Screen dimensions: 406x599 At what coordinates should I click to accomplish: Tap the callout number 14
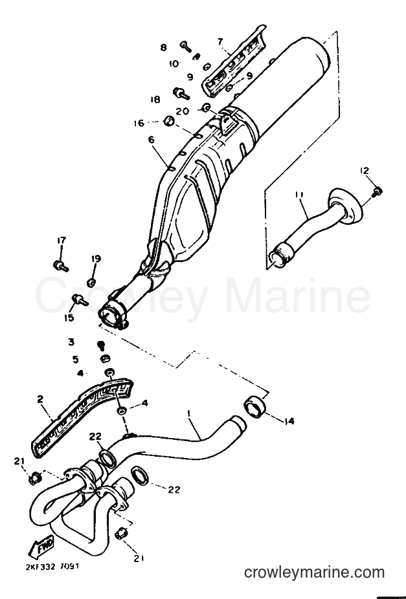[x=289, y=421]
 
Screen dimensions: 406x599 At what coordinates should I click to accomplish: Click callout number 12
[x=365, y=170]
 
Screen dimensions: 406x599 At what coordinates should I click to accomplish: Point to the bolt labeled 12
[x=377, y=191]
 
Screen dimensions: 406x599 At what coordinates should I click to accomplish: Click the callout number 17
[x=61, y=240]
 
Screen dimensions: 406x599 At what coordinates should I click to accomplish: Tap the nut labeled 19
[x=91, y=283]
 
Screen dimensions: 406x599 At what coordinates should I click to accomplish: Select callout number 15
[x=69, y=318]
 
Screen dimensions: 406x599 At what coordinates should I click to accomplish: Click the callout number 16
[x=139, y=123]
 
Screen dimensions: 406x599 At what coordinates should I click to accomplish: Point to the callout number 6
[x=152, y=140]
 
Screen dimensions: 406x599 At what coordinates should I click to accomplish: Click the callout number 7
[x=220, y=41]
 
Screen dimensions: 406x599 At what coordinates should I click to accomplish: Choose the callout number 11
[x=299, y=195]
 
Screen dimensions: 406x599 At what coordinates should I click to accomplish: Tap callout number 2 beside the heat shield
[x=41, y=399]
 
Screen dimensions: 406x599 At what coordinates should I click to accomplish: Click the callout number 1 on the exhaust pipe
[x=188, y=413]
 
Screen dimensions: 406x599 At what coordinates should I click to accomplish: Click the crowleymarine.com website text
[x=314, y=572]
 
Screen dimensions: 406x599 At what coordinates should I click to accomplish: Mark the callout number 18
[x=155, y=100]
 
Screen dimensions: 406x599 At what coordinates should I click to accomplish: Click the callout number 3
[x=71, y=342]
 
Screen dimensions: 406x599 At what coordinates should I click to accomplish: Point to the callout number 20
[x=183, y=111]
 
